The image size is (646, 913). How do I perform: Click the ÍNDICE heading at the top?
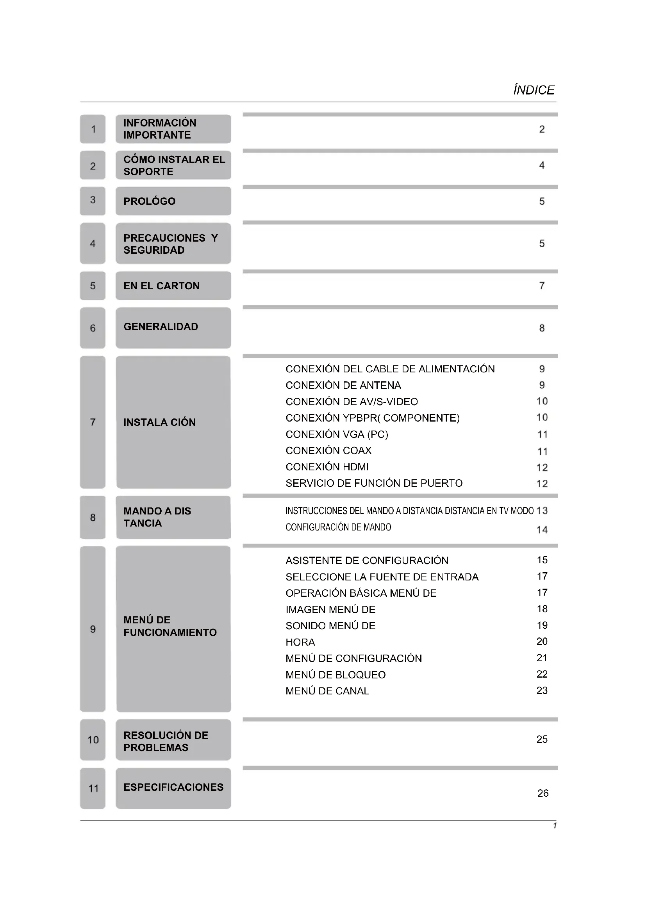pyautogui.click(x=534, y=90)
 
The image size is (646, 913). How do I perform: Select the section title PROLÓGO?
pyautogui.click(x=149, y=201)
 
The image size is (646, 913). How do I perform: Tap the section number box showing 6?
pyautogui.click(x=93, y=328)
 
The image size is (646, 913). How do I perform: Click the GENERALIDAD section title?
pyautogui.click(x=161, y=327)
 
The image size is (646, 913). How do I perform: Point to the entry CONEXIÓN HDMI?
pyautogui.click(x=327, y=467)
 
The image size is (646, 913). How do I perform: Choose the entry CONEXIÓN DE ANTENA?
pyautogui.click(x=343, y=385)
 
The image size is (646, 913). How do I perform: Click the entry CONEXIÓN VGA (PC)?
pyautogui.click(x=337, y=434)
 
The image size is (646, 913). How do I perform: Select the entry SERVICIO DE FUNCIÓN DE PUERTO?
pyautogui.click(x=374, y=483)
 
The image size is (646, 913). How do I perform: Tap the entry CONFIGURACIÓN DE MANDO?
pyautogui.click(x=338, y=527)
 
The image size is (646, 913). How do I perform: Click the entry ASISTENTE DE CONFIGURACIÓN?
pyautogui.click(x=367, y=561)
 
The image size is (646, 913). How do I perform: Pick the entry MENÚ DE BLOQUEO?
pyautogui.click(x=335, y=675)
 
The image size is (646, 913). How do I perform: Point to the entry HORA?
pyautogui.click(x=300, y=642)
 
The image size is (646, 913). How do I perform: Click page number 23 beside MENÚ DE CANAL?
pyautogui.click(x=542, y=691)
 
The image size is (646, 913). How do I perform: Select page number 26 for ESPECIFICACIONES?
pyautogui.click(x=542, y=793)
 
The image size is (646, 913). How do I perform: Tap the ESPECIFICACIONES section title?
pyautogui.click(x=173, y=787)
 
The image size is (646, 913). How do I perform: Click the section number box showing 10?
pyautogui.click(x=93, y=740)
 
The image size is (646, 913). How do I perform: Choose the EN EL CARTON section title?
pyautogui.click(x=162, y=286)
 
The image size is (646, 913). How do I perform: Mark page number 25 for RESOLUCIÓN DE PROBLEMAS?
pyautogui.click(x=542, y=739)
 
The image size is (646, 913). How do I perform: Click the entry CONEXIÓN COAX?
pyautogui.click(x=328, y=450)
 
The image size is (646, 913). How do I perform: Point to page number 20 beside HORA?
pyautogui.click(x=542, y=641)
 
